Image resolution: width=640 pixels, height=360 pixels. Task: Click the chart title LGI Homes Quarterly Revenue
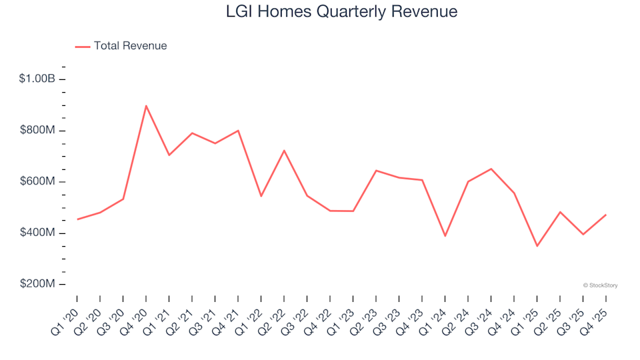(x=341, y=12)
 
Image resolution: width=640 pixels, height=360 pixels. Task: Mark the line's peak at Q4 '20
(x=146, y=105)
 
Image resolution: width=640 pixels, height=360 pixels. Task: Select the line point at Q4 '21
(x=238, y=131)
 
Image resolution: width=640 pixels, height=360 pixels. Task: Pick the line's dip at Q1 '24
(x=445, y=236)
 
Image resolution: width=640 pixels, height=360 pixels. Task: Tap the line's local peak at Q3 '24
(x=491, y=169)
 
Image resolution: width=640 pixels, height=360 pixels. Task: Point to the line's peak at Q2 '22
(x=284, y=151)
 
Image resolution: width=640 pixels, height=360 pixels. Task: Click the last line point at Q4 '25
(x=606, y=215)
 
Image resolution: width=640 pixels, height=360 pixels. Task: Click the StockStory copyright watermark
(x=600, y=285)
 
